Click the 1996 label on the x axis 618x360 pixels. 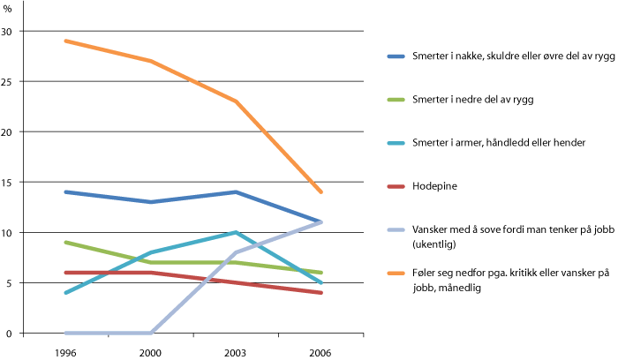65,351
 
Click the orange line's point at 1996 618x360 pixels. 65,41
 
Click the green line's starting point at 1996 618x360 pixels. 65,243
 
